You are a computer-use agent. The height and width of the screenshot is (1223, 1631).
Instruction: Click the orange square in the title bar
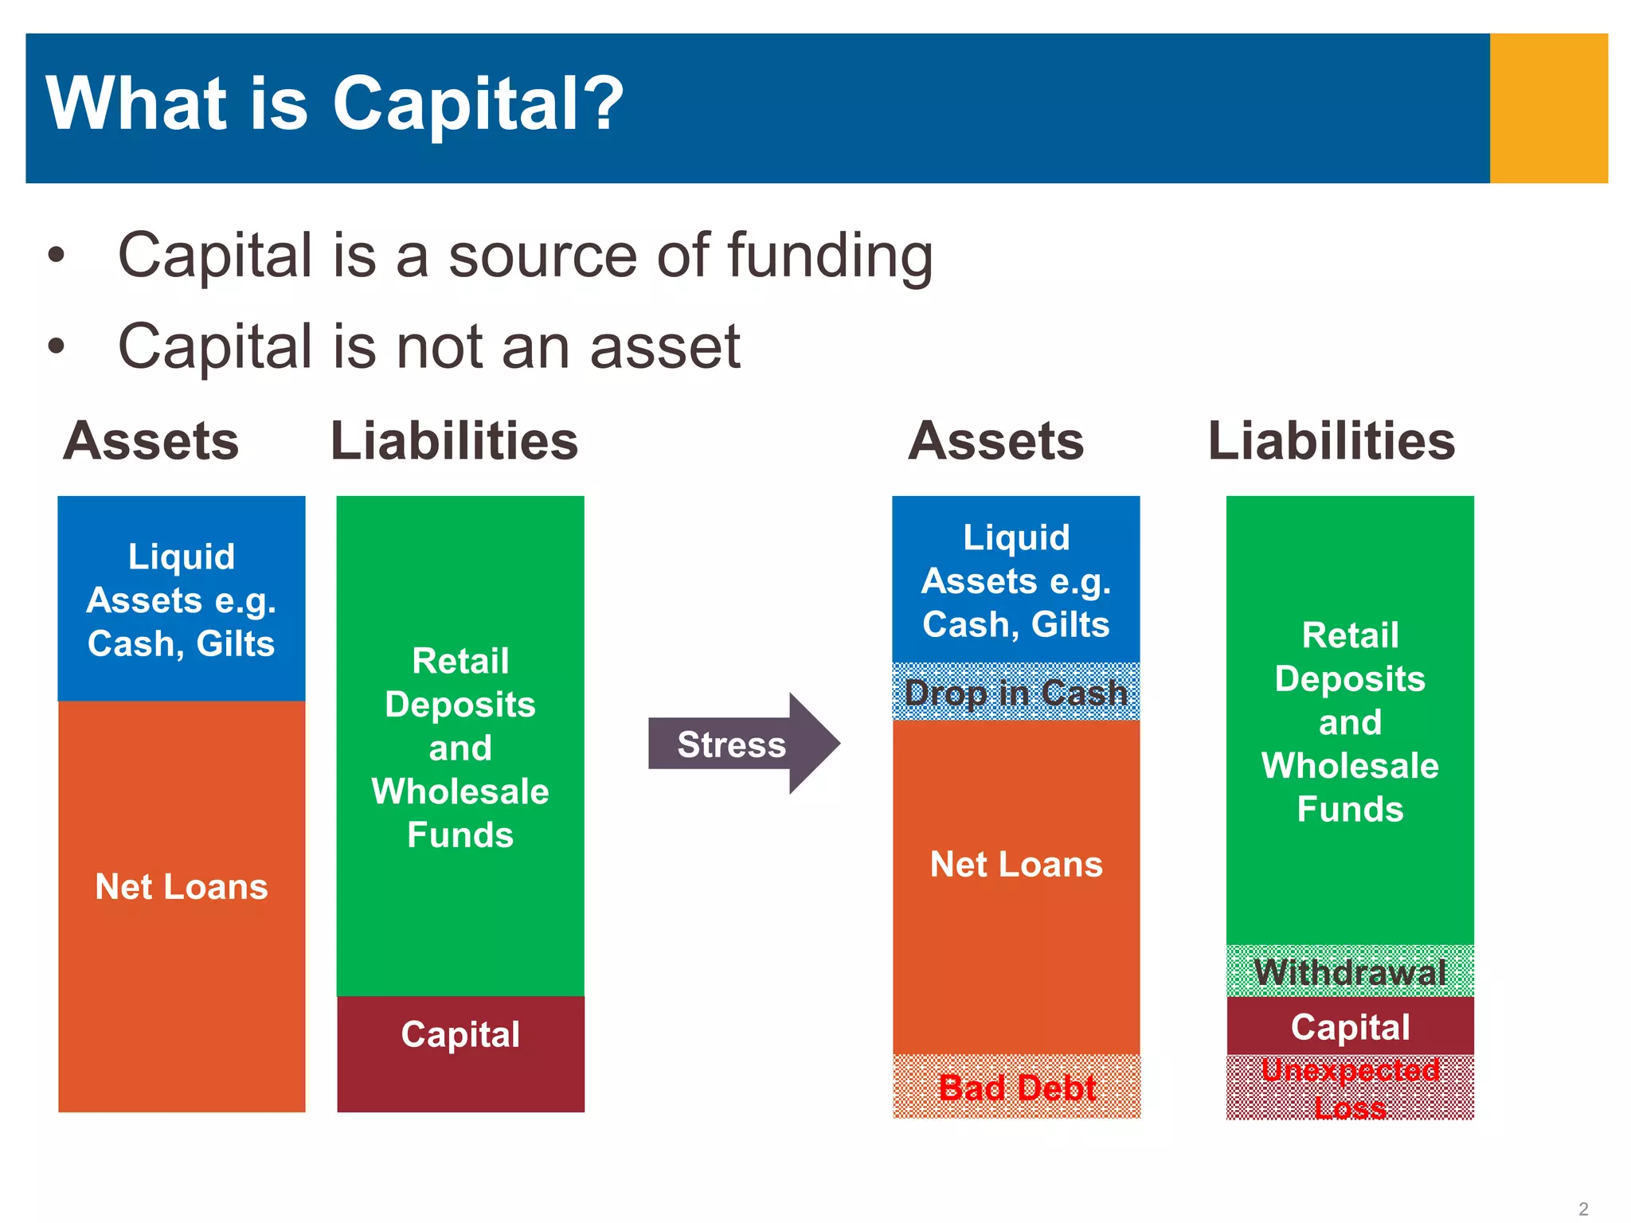click(x=1548, y=108)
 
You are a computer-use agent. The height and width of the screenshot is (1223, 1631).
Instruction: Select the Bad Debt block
click(x=1016, y=1087)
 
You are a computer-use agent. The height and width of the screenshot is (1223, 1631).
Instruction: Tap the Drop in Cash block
click(x=1016, y=692)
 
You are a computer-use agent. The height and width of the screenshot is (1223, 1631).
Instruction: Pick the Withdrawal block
click(x=1350, y=971)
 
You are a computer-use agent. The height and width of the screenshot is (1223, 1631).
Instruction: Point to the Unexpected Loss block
click(x=1350, y=1088)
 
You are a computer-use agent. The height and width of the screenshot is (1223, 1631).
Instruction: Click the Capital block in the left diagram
click(x=460, y=1053)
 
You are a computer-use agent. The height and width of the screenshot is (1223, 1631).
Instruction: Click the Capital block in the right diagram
click(x=1350, y=1026)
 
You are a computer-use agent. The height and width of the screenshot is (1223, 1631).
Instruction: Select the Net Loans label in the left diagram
click(x=182, y=886)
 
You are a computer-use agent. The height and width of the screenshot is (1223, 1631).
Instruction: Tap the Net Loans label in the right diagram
click(x=1016, y=864)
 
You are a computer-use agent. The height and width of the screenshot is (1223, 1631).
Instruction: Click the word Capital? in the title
click(x=478, y=104)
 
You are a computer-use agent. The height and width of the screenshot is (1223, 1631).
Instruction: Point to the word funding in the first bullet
click(x=829, y=256)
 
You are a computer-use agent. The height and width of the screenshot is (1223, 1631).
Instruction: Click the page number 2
click(x=1583, y=1209)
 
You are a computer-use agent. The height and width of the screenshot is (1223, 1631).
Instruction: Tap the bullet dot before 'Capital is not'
click(x=56, y=346)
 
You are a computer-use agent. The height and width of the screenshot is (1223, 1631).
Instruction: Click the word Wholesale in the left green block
click(x=460, y=791)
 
